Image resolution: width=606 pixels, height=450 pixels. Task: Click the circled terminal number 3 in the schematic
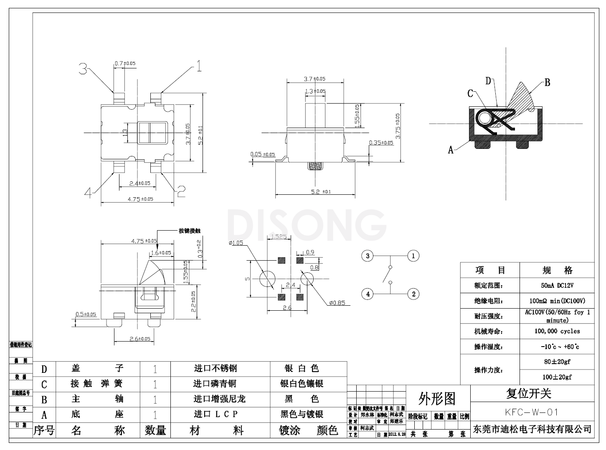(368, 256)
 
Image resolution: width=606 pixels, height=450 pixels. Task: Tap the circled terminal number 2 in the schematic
(413, 294)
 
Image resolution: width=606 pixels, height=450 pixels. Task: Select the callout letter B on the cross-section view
(547, 82)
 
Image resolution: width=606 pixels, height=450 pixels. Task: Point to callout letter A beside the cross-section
(451, 150)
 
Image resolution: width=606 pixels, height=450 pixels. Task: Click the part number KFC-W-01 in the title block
(531, 412)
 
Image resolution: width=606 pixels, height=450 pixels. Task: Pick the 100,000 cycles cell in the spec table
(557, 331)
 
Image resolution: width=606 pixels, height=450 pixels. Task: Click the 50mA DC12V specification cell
(557, 286)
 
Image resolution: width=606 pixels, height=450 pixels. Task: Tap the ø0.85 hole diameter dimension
(337, 303)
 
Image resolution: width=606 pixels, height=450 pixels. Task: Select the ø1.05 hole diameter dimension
(236, 243)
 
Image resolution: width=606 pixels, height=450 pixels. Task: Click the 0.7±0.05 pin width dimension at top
(125, 63)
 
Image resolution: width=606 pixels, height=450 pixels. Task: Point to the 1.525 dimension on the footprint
(279, 236)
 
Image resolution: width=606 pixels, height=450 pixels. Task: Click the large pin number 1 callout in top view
(199, 66)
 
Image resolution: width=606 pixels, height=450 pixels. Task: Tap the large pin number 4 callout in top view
(88, 192)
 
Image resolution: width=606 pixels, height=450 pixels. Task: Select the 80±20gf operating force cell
(557, 362)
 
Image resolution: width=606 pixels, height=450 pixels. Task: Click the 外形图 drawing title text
(437, 399)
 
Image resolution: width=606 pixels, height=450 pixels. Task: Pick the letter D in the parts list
(44, 369)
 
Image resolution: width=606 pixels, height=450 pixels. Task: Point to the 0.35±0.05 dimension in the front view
(381, 143)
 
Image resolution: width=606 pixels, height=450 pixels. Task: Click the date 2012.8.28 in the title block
(397, 434)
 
